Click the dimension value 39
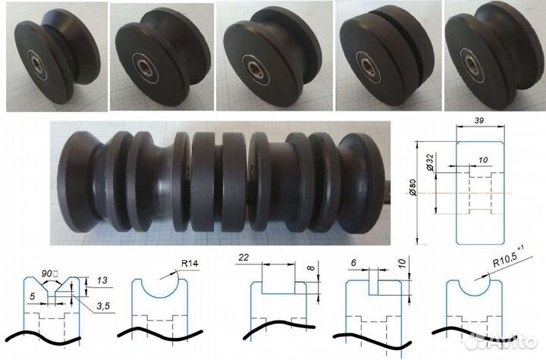pos(479,121)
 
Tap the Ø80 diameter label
pos(413,187)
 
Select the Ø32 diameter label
pos(430,162)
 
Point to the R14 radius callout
pos(190,263)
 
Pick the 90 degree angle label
pos(49,274)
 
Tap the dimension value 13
pos(102,280)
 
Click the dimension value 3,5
pos(103,306)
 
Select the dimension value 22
pos(243,257)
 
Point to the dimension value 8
pos(311,268)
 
